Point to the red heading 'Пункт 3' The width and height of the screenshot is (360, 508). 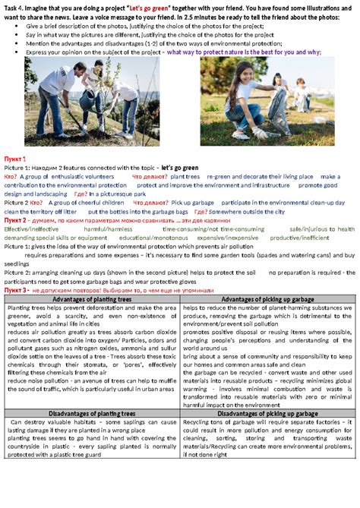[17, 290]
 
